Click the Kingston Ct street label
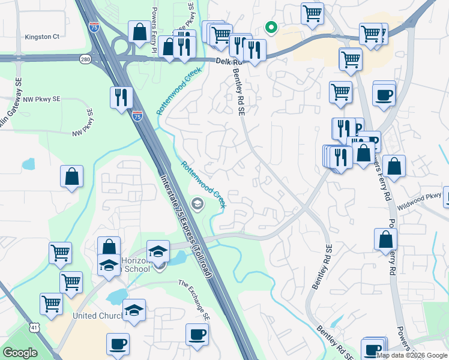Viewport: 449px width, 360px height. click(x=42, y=37)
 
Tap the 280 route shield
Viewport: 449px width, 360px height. click(x=85, y=58)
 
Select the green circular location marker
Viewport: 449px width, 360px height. click(x=271, y=27)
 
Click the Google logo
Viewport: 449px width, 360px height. click(x=20, y=353)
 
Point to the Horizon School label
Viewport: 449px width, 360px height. click(x=134, y=265)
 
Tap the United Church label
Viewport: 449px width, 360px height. click(x=96, y=316)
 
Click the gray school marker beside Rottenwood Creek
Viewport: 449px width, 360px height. click(x=196, y=205)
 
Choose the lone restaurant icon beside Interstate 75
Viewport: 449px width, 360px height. click(x=121, y=97)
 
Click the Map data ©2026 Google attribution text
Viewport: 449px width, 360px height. click(x=412, y=355)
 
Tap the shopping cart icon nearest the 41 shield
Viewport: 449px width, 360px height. click(x=52, y=304)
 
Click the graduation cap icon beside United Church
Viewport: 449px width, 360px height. click(x=134, y=310)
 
